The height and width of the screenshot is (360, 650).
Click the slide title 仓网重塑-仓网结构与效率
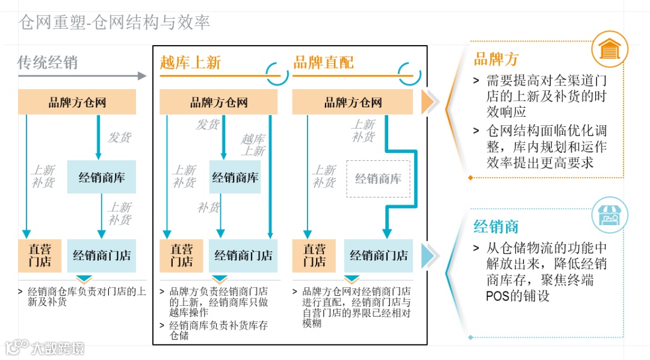(114, 23)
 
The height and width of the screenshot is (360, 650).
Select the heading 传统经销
(48, 63)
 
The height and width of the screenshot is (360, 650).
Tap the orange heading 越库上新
(190, 63)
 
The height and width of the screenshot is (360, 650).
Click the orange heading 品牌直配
(323, 63)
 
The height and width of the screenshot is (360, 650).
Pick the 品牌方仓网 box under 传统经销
(77, 102)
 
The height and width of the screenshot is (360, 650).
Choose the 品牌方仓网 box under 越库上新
(218, 102)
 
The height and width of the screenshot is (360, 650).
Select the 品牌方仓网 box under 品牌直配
(353, 102)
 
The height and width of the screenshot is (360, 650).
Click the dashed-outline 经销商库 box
(378, 179)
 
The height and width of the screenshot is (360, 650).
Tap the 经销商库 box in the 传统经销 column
(101, 177)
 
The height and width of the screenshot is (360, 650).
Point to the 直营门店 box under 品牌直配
(314, 255)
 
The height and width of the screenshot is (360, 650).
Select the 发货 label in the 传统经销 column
(119, 137)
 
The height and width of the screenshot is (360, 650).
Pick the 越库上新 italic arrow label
(253, 145)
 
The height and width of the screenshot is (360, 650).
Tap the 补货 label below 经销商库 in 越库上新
(208, 208)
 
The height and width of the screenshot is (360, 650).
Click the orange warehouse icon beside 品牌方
(609, 49)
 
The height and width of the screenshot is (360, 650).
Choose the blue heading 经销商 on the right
(496, 227)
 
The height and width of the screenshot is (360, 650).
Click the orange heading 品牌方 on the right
(496, 59)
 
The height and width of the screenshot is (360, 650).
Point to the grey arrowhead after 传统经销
(142, 76)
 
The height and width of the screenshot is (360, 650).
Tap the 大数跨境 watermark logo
(45, 347)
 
